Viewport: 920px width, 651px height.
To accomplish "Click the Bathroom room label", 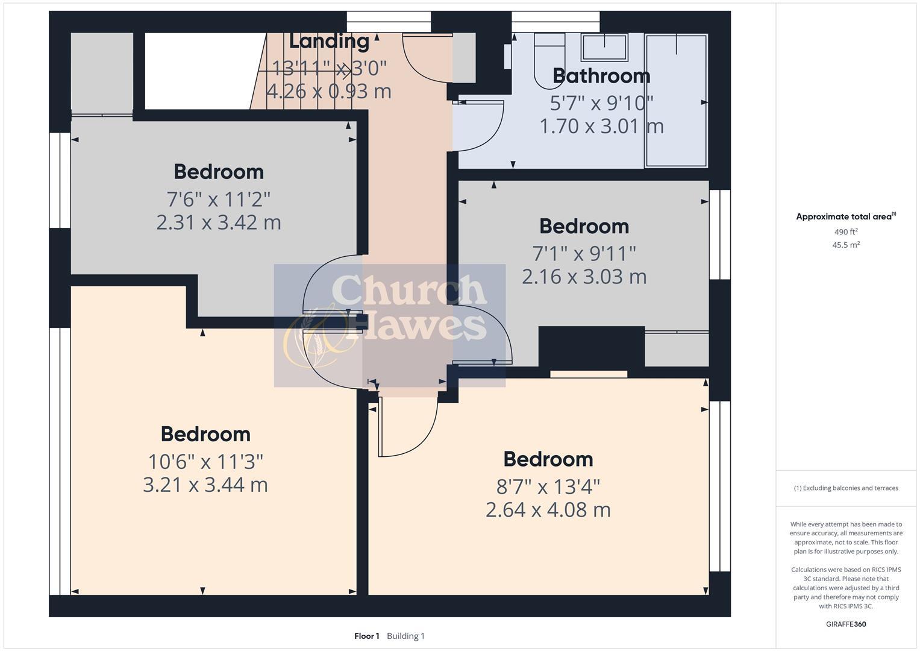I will pos(601,76).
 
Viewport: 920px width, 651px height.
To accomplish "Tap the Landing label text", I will pos(329,41).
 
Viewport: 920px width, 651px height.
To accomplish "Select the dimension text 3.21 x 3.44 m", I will pos(205,485).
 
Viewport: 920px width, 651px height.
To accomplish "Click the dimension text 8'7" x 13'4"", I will pos(548,486).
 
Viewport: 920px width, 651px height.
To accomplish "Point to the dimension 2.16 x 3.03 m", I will pos(584,277).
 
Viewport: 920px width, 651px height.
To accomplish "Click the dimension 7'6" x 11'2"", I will pos(218,198).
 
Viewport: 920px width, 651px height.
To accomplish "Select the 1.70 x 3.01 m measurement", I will pos(601,127).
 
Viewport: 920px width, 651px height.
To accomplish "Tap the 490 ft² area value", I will pos(846,232).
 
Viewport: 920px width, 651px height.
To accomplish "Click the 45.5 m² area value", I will pos(846,245).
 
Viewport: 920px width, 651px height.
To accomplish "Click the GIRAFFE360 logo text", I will pos(846,624).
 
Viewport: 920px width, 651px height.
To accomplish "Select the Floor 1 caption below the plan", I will pos(366,636).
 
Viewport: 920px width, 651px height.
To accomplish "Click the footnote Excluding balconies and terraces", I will pos(846,488).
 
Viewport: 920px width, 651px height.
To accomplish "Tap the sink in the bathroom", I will pos(604,47).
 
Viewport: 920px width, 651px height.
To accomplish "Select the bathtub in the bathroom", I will pos(676,100).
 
